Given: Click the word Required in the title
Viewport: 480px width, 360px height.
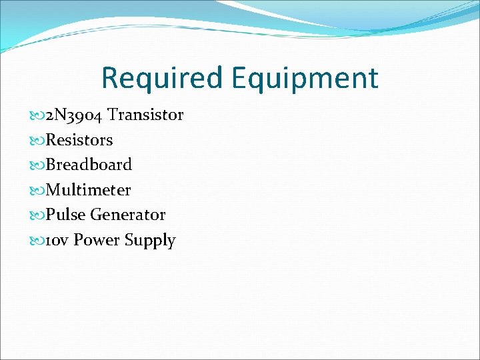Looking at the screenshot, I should [163, 78].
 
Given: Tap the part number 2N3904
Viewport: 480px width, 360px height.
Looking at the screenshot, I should [74, 115].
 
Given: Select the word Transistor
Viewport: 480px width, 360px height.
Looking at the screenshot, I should [145, 115].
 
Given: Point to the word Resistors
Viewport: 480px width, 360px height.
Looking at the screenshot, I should [79, 140].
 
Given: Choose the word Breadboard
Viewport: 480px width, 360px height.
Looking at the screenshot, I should [89, 164].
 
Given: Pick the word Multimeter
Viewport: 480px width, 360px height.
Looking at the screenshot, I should [88, 190].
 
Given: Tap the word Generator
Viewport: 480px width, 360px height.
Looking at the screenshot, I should [128, 215].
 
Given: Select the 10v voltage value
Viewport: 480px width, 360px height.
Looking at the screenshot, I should [57, 240].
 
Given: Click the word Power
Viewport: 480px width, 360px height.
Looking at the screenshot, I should [94, 240].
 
